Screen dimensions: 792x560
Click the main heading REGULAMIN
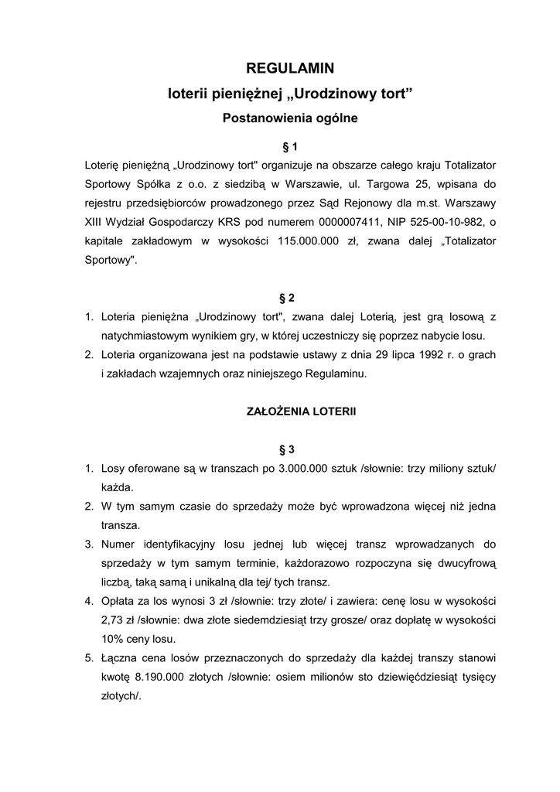coord(289,69)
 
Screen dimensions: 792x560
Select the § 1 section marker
coord(290,145)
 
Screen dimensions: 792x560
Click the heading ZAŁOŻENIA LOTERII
coord(289,411)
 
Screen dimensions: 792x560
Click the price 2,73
coord(113,620)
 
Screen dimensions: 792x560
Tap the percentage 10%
coord(113,639)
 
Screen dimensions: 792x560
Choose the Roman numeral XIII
coord(97,222)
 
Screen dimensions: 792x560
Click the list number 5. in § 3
coord(89,658)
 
